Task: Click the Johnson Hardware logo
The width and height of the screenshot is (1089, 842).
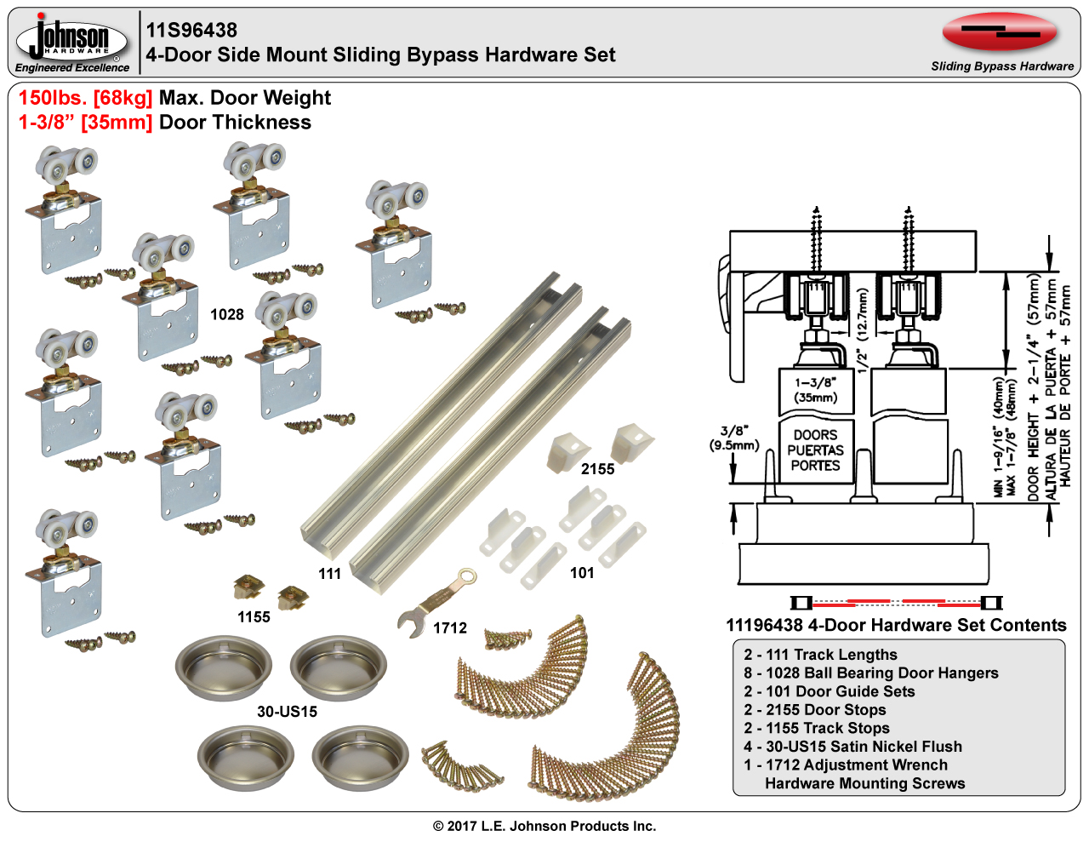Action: [x=72, y=38]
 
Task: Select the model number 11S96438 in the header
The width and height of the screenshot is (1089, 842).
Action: [x=191, y=30]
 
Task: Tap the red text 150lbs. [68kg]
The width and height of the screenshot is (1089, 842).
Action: [x=85, y=98]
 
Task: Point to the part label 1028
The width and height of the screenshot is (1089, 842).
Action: [x=227, y=314]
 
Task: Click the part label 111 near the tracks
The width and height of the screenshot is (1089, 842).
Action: [x=329, y=574]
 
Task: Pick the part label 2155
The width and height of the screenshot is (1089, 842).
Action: [x=597, y=469]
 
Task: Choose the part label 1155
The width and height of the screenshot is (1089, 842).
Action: [x=254, y=617]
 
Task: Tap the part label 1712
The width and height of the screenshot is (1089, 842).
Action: [x=450, y=628]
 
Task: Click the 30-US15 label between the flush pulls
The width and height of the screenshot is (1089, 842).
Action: [x=287, y=712]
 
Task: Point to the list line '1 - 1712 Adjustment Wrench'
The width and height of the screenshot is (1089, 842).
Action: [x=846, y=765]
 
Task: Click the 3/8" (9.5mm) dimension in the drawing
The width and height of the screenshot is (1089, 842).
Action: [x=733, y=438]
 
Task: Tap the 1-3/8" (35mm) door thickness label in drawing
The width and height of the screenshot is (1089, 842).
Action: [x=815, y=390]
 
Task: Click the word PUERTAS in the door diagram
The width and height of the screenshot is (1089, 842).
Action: [x=815, y=450]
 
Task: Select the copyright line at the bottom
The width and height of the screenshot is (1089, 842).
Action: [x=544, y=826]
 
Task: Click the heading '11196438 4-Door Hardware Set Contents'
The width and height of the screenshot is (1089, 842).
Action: [x=896, y=625]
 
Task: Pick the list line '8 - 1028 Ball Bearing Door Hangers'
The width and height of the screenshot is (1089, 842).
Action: [x=871, y=673]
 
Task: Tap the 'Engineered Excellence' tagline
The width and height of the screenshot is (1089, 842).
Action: [x=72, y=67]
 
